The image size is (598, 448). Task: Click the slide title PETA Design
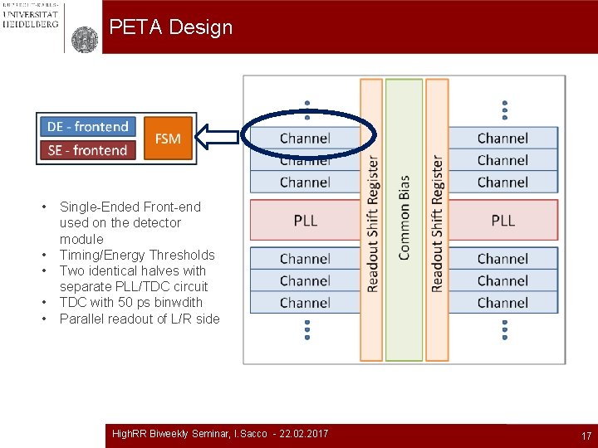point(170,27)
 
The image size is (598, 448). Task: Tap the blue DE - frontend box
point(87,127)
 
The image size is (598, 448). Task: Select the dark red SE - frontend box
point(87,150)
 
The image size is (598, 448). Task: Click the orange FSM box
point(168,139)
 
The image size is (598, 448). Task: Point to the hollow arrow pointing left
point(221,139)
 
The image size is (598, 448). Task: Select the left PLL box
point(305,221)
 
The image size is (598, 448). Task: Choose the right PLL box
point(502,221)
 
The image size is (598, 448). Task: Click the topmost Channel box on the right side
point(502,139)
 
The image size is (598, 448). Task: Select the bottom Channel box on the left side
point(305,303)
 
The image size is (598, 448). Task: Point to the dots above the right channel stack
point(504,110)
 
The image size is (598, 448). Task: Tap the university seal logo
point(84,39)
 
